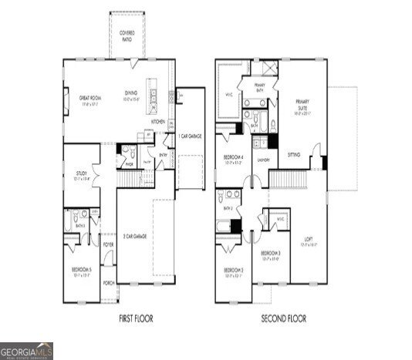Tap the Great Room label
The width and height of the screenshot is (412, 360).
pyautogui.click(x=87, y=98)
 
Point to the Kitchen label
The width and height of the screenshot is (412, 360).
pyautogui.click(x=158, y=122)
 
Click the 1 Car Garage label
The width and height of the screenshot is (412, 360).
pyautogui.click(x=190, y=136)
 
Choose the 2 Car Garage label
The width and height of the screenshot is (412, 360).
pyautogui.click(x=135, y=235)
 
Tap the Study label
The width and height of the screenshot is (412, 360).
pyautogui.click(x=81, y=175)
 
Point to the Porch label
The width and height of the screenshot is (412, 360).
pyautogui.click(x=109, y=283)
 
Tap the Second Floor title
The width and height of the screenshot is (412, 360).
pyautogui.click(x=284, y=318)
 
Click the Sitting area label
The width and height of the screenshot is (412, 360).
pyautogui.click(x=294, y=154)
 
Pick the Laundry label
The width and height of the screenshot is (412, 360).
pyautogui.click(x=262, y=160)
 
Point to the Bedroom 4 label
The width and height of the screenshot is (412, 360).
pyautogui.click(x=234, y=159)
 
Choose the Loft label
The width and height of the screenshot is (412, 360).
pyautogui.click(x=308, y=238)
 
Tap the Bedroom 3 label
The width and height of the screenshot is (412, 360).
pyautogui.click(x=269, y=254)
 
